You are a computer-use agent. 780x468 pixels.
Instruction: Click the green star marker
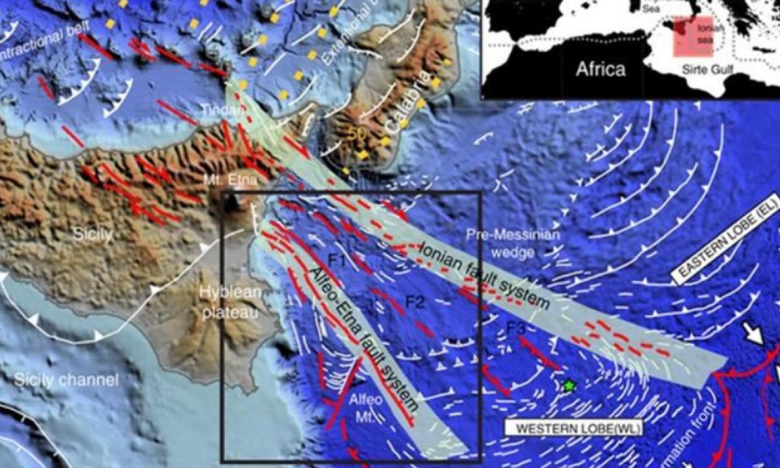point(569,385)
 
